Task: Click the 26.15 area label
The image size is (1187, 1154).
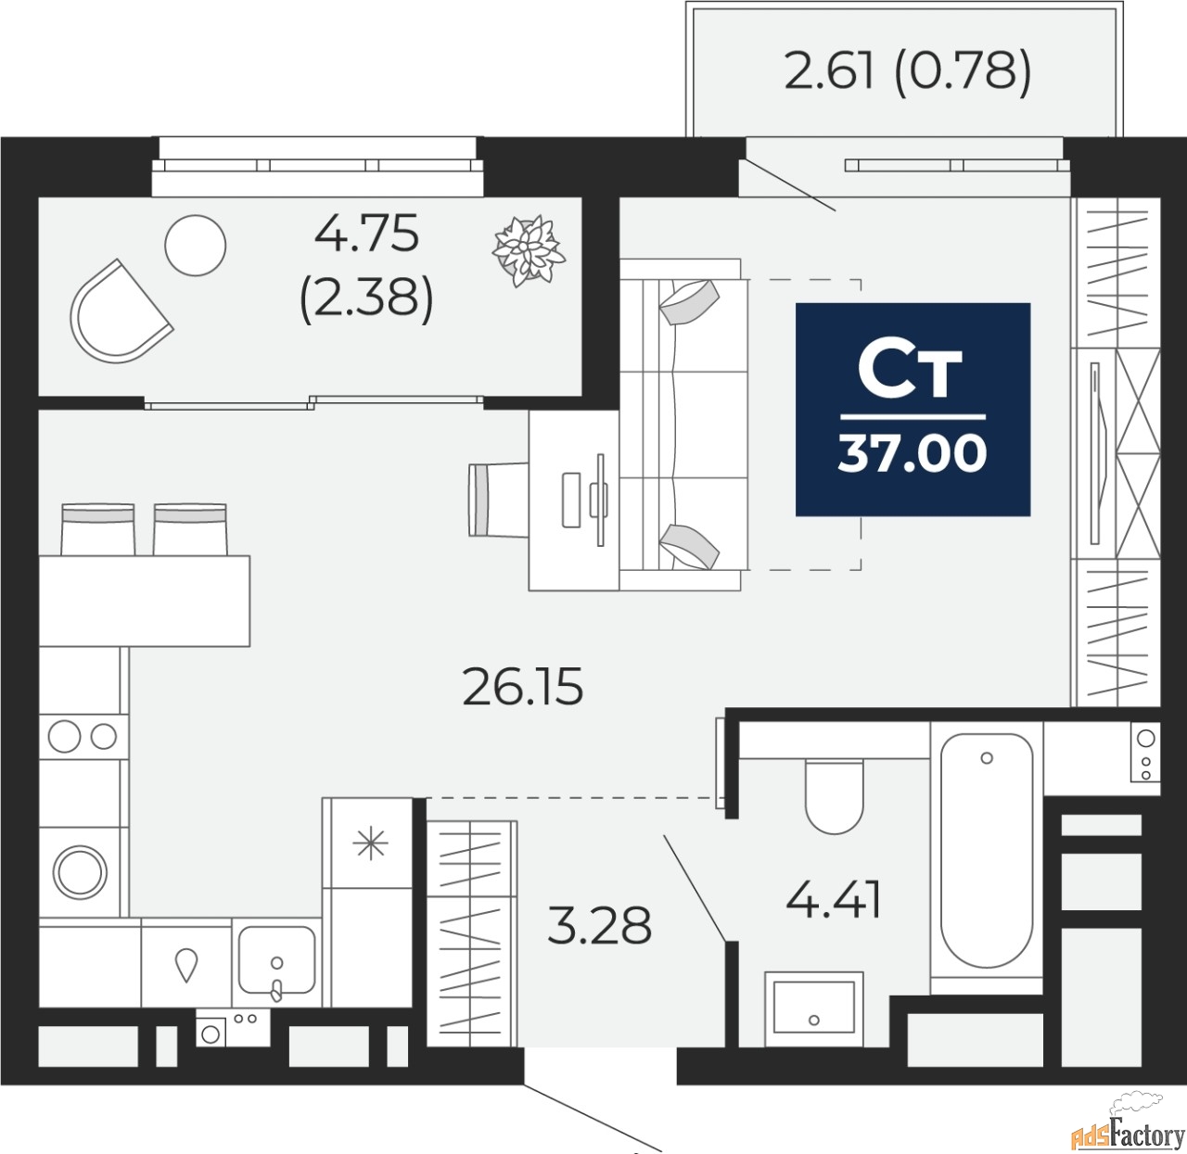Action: (x=523, y=687)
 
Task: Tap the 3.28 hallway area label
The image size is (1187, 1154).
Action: (x=600, y=924)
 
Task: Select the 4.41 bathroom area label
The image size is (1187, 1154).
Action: (x=833, y=901)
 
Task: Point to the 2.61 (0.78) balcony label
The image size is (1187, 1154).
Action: (x=908, y=70)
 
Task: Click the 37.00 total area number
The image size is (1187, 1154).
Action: (x=913, y=453)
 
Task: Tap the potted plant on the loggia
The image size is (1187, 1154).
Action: (x=529, y=250)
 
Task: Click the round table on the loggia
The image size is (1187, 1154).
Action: (x=195, y=245)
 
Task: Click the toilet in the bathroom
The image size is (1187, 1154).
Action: (x=835, y=795)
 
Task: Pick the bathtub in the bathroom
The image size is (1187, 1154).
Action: (x=987, y=850)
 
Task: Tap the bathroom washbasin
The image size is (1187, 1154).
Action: (x=813, y=1008)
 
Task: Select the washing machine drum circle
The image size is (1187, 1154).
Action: (x=80, y=872)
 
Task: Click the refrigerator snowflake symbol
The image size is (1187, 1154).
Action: (x=370, y=844)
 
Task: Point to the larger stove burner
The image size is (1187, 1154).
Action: (x=64, y=736)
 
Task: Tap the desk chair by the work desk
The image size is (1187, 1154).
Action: (x=498, y=500)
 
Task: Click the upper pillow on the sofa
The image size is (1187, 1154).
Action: (x=689, y=302)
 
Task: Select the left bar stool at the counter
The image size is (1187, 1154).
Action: (x=97, y=528)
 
